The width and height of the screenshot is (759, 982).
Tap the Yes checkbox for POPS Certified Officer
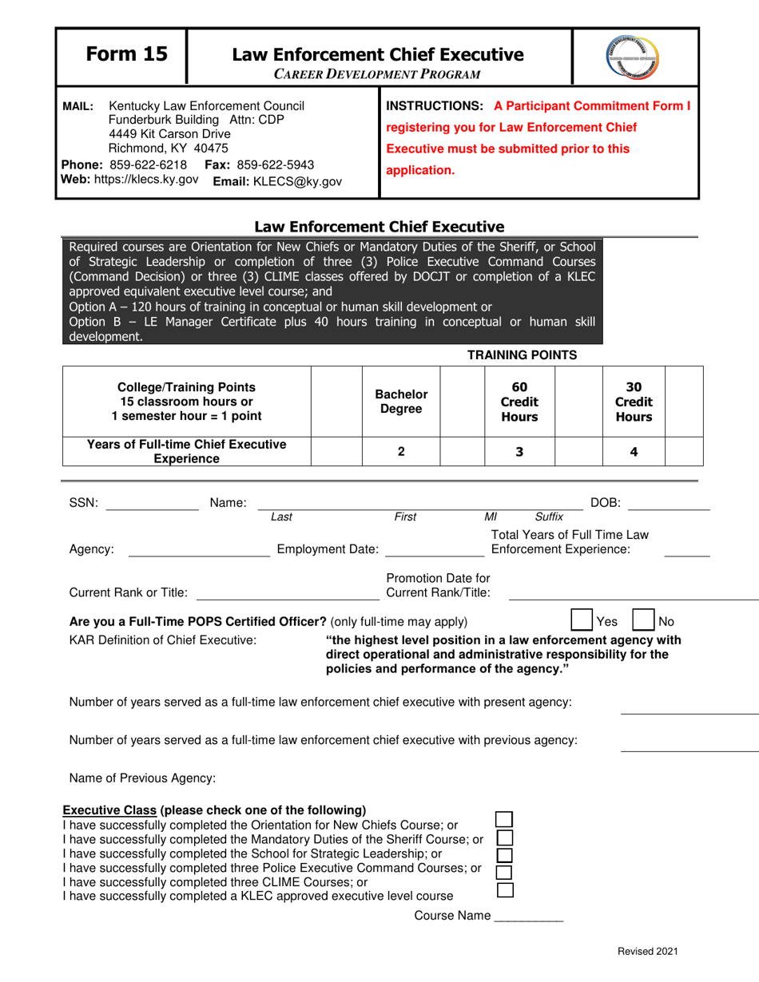tap(581, 620)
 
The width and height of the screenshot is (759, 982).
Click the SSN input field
tap(152, 502)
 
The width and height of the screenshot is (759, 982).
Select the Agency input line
tap(199, 549)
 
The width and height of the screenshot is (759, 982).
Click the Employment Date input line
tap(434, 549)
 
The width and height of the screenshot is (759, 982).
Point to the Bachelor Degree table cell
tap(401, 400)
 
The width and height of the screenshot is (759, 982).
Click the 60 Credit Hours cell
tap(519, 400)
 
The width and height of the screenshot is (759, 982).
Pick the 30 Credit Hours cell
tap(634, 400)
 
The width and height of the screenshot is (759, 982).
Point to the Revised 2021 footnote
tap(646, 951)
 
